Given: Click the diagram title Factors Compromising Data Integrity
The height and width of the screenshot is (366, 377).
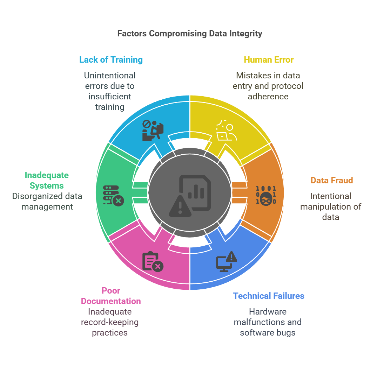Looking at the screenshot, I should click(189, 34).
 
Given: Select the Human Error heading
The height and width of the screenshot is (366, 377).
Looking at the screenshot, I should click(269, 59).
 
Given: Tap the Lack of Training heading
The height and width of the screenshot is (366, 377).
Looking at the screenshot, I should click(111, 59).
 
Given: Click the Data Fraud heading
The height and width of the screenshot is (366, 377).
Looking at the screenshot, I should click(331, 180).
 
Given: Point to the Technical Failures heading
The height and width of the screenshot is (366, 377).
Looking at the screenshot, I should click(269, 296).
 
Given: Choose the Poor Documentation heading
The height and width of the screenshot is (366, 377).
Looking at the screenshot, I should click(111, 296).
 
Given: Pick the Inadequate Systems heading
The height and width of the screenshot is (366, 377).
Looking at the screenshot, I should click(47, 180).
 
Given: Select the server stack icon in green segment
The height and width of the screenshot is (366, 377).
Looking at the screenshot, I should click(113, 195).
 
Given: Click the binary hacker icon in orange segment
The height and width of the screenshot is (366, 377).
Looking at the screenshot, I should click(266, 195).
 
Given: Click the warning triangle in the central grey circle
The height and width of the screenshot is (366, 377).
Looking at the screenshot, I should click(180, 206).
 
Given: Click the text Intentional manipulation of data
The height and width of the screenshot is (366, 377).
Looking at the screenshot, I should click(331, 206).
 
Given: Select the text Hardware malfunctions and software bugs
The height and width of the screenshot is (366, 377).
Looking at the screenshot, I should click(268, 322).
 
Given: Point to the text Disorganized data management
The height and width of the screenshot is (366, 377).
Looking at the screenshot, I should click(47, 201).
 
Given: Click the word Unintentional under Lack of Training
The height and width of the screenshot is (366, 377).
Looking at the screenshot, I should click(110, 75).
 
